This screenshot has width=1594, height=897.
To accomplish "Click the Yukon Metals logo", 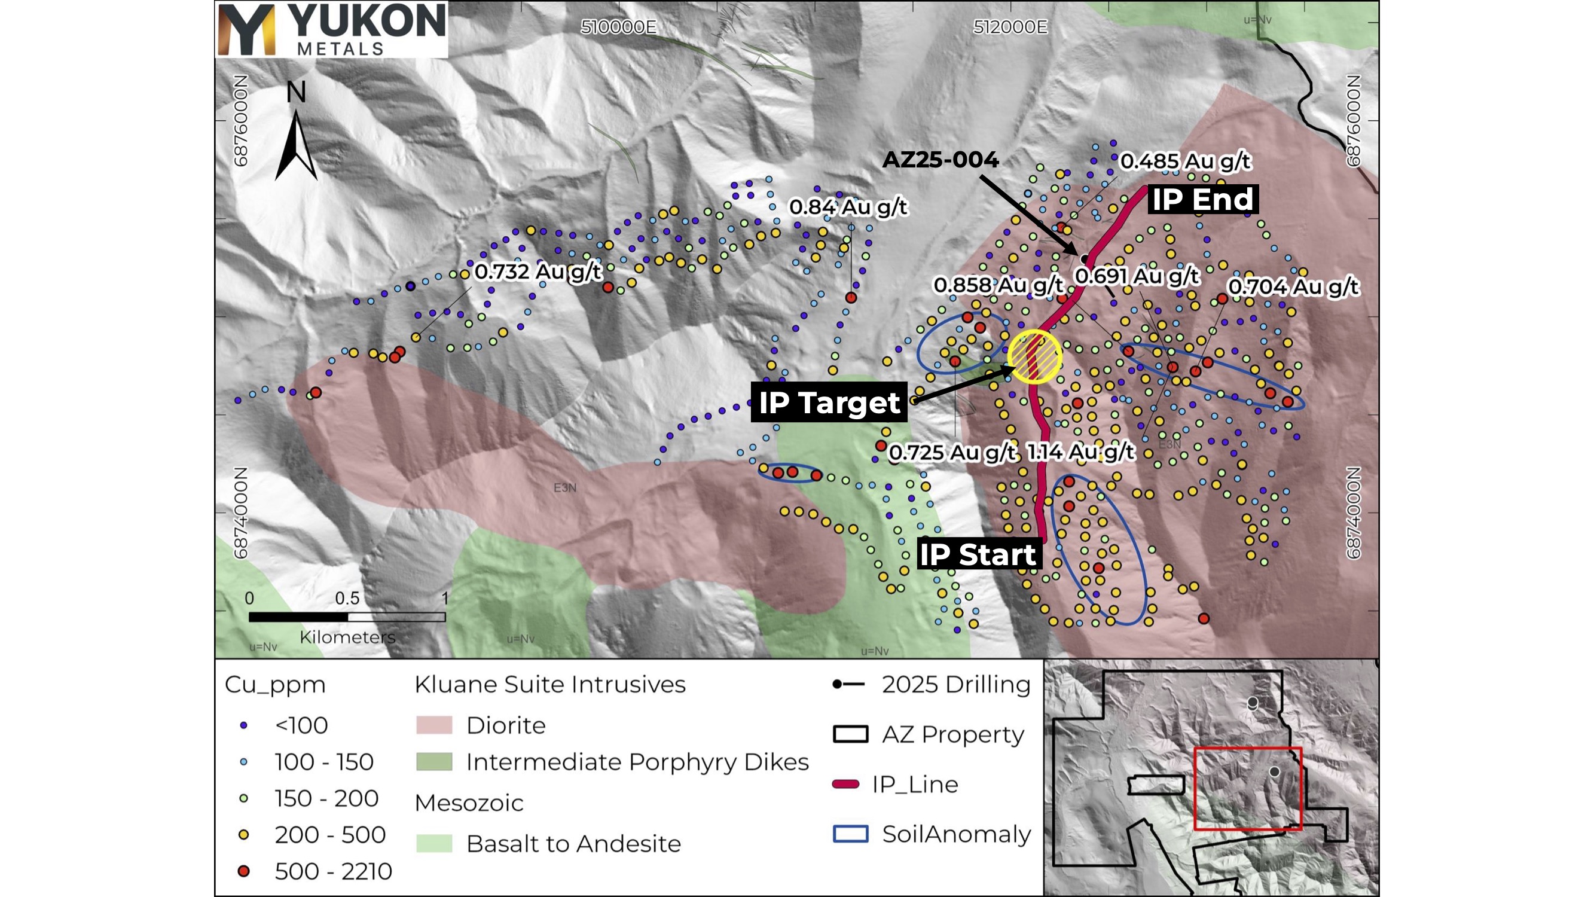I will (332, 29).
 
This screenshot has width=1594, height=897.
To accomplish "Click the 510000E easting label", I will (619, 28).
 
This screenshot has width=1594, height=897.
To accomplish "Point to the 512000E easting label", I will (1010, 28).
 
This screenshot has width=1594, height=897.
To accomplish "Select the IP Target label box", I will (829, 402).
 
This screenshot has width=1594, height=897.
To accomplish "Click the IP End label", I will (1202, 199).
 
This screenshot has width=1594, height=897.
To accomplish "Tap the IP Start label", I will (977, 554).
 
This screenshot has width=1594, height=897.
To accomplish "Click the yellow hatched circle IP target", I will (1034, 357).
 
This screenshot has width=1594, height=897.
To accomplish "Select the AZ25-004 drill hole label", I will (940, 160).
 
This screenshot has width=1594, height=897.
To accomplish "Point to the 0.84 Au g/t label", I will (848, 207).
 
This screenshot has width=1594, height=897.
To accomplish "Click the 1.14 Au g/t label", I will (1080, 452).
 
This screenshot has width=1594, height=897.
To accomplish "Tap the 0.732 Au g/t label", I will (538, 271).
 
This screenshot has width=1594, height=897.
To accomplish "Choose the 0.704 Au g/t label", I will (1293, 286).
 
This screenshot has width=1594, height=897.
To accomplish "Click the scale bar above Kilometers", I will (347, 617).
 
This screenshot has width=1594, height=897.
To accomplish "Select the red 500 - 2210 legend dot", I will (244, 871).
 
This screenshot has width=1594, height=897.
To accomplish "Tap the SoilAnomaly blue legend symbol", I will (850, 833).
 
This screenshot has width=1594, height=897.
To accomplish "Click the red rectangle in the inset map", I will (1247, 789).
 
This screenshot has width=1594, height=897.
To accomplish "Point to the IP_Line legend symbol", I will (846, 785).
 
